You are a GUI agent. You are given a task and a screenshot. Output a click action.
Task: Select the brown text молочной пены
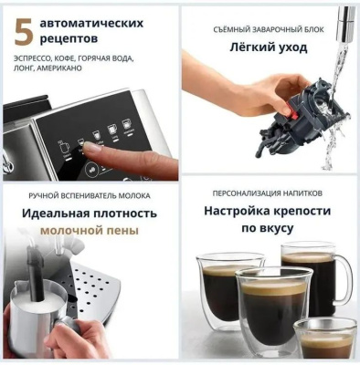[x=89, y=231]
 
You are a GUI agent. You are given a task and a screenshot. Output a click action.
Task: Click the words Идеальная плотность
[x=89, y=213]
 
